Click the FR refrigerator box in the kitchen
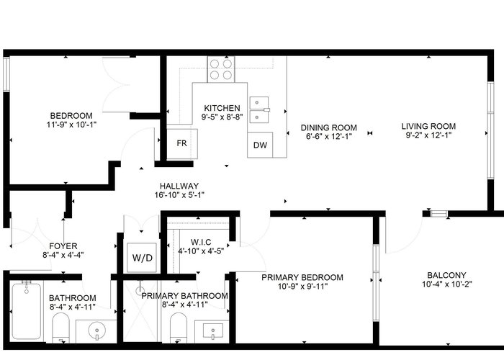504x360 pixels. (x=182, y=143)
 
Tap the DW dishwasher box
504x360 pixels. (x=260, y=145)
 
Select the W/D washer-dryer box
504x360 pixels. (x=142, y=258)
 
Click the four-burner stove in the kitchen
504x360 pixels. (x=221, y=69)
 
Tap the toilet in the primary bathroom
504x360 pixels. (x=179, y=328)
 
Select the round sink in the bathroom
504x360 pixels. (x=96, y=330)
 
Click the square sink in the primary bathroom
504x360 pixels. (x=213, y=330)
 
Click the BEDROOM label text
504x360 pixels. (x=71, y=116)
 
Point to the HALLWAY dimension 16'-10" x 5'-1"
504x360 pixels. (x=179, y=195)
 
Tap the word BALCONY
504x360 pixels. (x=446, y=275)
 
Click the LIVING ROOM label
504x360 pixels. (x=428, y=126)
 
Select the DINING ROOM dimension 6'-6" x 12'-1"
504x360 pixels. (x=329, y=136)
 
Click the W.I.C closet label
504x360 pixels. (x=201, y=242)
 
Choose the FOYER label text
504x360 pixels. (x=63, y=246)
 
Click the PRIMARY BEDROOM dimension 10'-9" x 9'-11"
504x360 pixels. (x=302, y=286)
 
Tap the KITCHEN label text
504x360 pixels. (x=222, y=108)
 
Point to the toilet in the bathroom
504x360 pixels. (x=60, y=328)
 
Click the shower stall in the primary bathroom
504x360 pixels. (x=140, y=311)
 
